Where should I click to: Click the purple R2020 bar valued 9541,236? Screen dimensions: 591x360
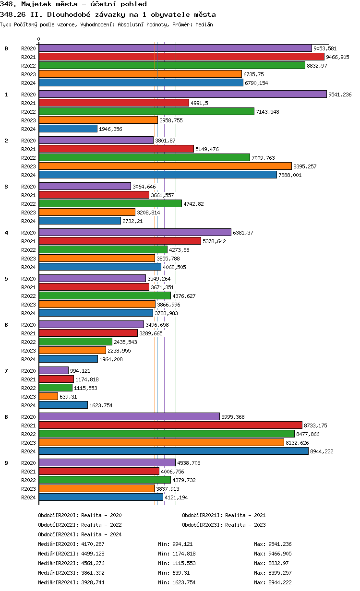182,95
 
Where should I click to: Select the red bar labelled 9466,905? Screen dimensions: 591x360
181,57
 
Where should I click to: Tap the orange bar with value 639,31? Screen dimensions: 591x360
48,397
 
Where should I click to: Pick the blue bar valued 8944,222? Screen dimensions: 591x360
173,451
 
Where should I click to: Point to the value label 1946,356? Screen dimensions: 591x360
110,129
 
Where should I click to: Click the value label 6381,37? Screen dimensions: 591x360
243,233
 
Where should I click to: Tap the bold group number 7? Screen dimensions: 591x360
6,371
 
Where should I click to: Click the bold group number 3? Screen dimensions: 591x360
6,187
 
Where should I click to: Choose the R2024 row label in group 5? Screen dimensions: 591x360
29,313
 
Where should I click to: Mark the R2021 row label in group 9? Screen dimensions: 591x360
29,472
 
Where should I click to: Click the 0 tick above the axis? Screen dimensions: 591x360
39,39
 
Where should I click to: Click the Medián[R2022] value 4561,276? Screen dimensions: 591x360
93,563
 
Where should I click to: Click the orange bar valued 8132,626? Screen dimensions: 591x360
161,443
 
